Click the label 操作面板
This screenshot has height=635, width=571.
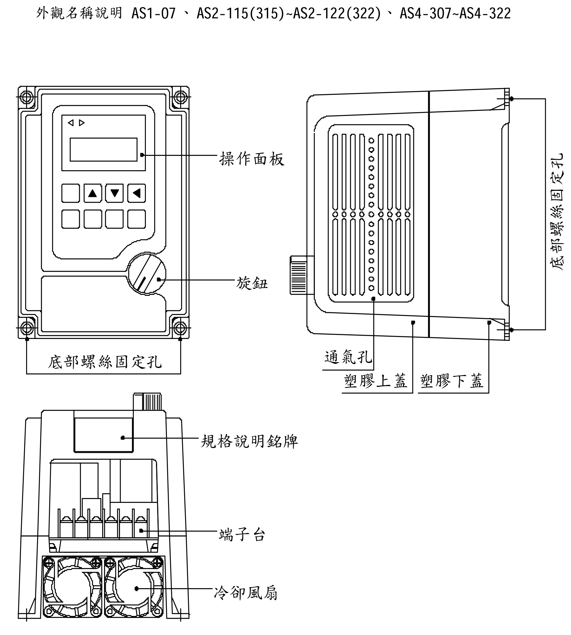pos(252,159)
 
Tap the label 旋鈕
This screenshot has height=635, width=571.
pos(252,284)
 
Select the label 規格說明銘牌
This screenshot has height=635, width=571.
pos(249,442)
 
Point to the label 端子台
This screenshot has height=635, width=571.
pos(242,535)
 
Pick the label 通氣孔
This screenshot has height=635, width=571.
pos(348,357)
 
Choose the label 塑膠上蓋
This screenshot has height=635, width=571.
pos(375,381)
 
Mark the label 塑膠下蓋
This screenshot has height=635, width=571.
pos(452,381)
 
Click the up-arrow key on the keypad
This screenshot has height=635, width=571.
pos(92,193)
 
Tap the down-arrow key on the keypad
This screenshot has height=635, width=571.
pos(114,193)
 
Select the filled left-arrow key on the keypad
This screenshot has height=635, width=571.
pos(136,193)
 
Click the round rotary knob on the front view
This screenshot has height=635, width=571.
pos(146,274)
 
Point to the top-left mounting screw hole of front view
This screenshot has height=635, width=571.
pos(27,97)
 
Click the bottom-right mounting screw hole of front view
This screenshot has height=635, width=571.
pos(180,328)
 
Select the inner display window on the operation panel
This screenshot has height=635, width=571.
pos(103,150)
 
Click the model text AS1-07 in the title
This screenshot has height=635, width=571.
pos(153,14)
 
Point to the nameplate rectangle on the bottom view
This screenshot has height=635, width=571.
pos(103,435)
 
